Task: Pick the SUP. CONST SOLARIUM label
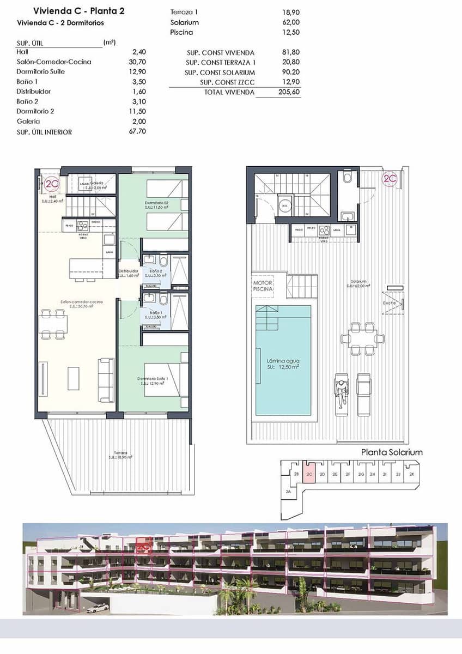click(x=220, y=72)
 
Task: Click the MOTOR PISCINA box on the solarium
click(x=263, y=286)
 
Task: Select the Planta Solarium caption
click(x=392, y=452)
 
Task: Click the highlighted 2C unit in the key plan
click(x=309, y=475)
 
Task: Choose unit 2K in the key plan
click(x=412, y=475)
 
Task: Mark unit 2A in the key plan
click(x=288, y=492)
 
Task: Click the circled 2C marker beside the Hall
click(x=52, y=184)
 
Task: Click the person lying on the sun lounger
click(x=341, y=391)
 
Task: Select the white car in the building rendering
click(x=98, y=608)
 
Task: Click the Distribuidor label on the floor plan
click(x=129, y=271)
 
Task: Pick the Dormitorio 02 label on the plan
click(x=156, y=203)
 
